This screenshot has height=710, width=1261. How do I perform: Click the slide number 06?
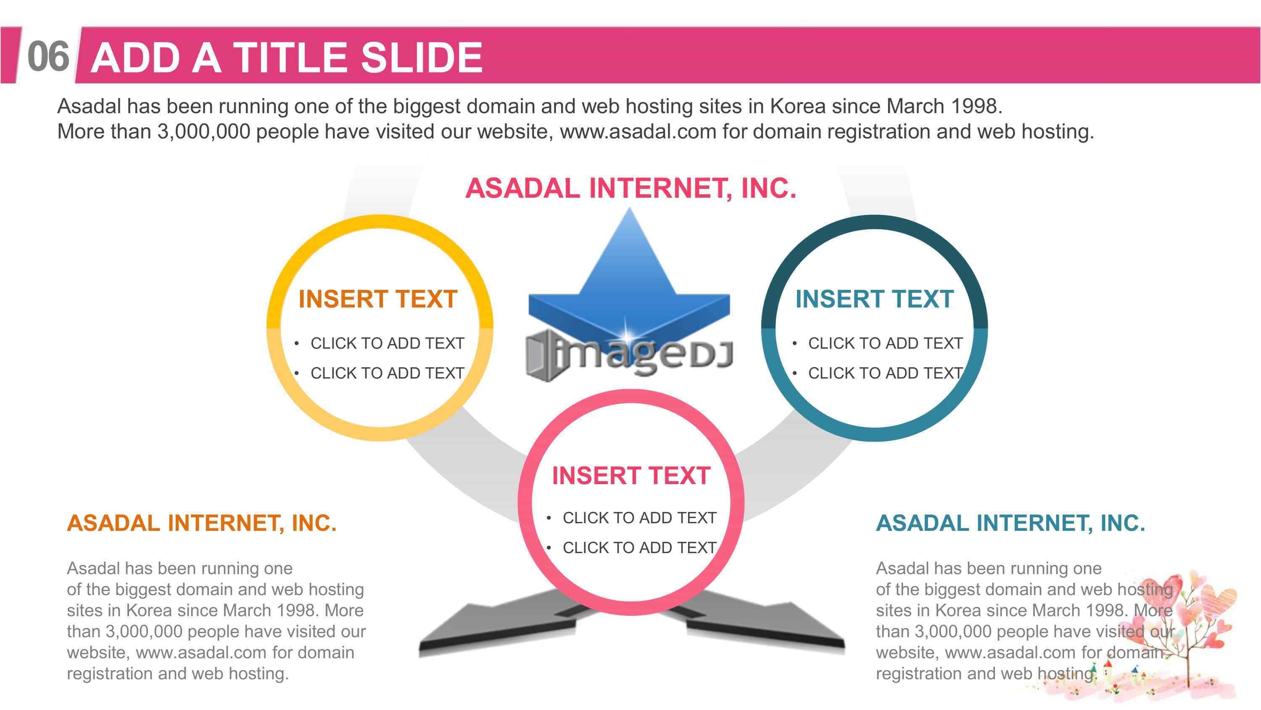coord(48,57)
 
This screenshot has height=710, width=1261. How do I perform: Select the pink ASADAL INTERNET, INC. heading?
coord(630,188)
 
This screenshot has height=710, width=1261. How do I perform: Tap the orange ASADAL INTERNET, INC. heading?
coord(202,523)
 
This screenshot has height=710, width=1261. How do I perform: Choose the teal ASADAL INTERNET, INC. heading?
coord(1010,523)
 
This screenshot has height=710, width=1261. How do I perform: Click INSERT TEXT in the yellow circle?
coord(378,299)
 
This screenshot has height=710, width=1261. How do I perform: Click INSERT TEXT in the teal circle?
coord(875,299)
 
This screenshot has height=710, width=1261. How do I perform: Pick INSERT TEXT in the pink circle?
coord(631,475)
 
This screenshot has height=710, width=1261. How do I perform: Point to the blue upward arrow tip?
coord(630,209)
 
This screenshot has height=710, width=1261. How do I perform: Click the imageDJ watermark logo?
coord(630,354)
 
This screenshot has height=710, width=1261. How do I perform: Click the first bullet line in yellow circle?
coord(380,343)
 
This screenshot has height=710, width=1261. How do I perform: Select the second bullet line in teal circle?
coord(878,373)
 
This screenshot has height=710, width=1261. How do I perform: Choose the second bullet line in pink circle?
coord(632,547)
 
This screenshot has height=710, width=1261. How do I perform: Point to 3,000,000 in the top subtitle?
coord(203,131)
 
